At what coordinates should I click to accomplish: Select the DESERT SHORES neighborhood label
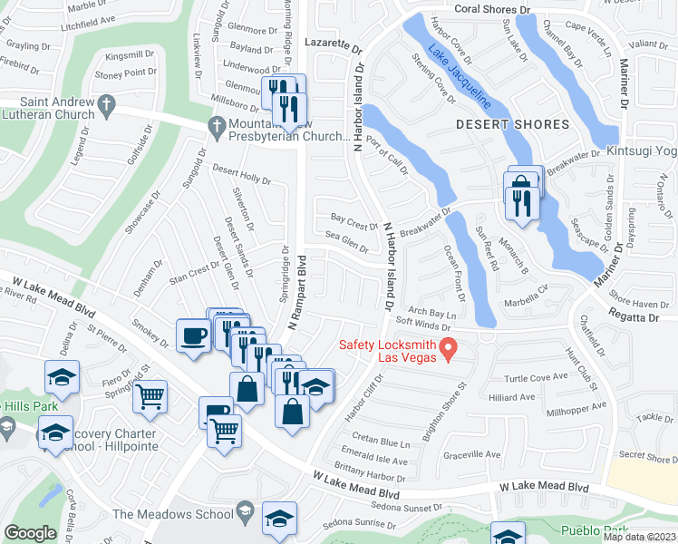(512, 124)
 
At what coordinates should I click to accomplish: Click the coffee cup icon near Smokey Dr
(193, 335)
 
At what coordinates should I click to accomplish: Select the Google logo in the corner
(30, 533)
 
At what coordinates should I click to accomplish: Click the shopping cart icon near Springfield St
(150, 394)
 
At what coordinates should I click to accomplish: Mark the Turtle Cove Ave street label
(535, 377)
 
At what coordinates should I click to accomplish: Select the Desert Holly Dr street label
(241, 175)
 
